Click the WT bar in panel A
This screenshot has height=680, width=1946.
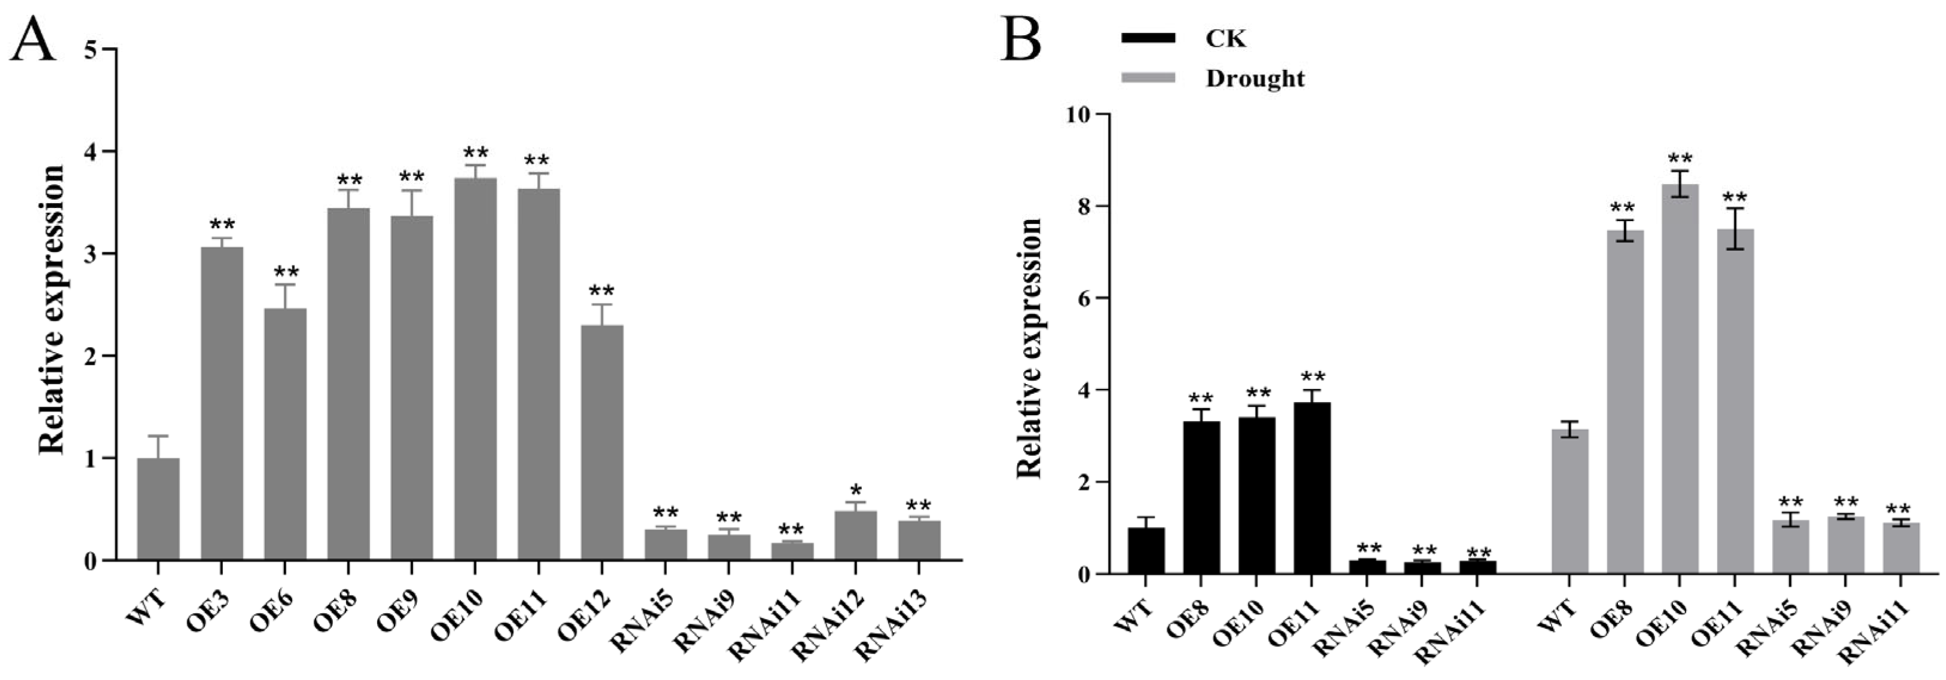(x=158, y=509)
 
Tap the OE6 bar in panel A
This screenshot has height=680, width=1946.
(x=285, y=434)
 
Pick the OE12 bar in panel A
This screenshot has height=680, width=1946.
(x=602, y=443)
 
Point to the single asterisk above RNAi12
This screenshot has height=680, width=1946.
(x=856, y=491)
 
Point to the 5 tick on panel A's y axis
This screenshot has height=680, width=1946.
(x=106, y=49)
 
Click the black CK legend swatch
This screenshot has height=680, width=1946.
(x=1148, y=38)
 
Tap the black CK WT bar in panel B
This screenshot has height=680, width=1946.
(x=1146, y=551)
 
